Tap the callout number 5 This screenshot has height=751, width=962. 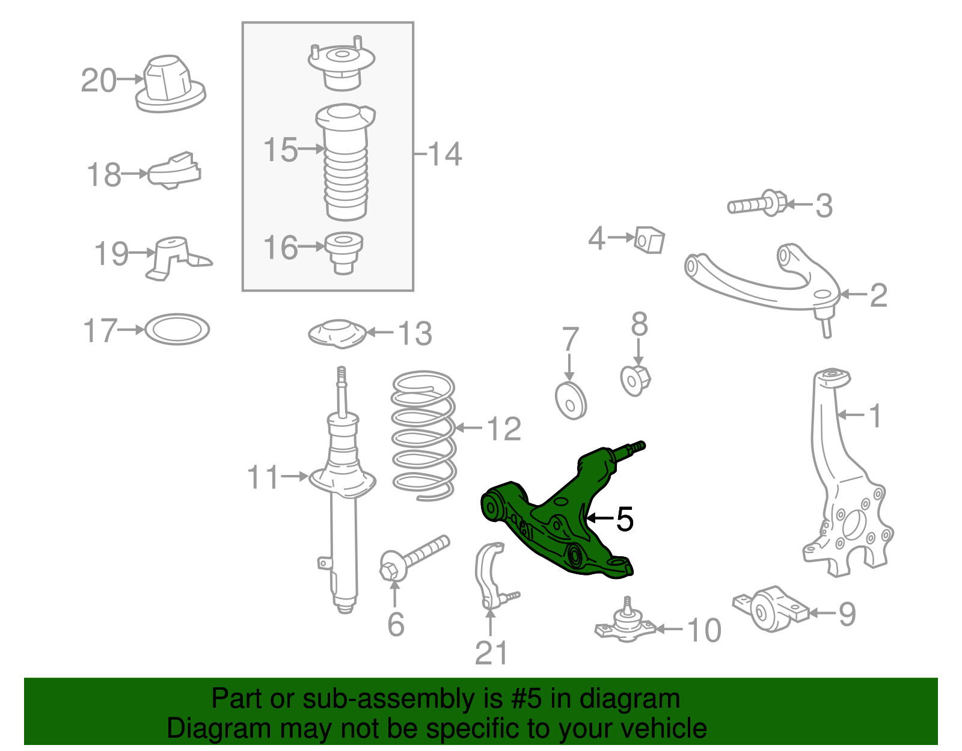(625, 518)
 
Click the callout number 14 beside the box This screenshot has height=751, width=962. (445, 154)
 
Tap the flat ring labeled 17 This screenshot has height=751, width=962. (177, 329)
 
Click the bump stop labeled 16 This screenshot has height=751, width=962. (343, 251)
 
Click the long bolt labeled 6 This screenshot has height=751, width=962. (415, 556)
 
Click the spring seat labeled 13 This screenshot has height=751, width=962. (337, 334)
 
